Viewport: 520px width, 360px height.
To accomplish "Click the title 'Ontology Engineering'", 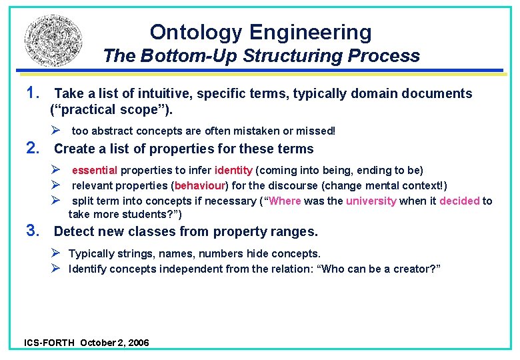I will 261,31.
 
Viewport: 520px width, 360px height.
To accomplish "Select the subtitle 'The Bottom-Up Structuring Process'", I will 261,56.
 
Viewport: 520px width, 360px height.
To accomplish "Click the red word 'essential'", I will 95,171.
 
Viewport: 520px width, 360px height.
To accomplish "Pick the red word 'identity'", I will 233,171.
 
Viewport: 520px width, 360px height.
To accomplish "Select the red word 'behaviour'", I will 202,186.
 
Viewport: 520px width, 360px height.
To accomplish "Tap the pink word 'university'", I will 371,201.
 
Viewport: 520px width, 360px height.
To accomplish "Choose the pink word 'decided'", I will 459,201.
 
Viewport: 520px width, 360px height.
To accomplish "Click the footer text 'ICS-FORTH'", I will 49,343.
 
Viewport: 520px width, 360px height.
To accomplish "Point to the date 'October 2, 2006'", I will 115,343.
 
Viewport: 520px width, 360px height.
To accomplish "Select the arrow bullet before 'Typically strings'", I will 57,253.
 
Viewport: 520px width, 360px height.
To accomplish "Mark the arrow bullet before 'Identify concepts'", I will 57,269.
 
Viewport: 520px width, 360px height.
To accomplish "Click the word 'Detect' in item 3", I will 74,231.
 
